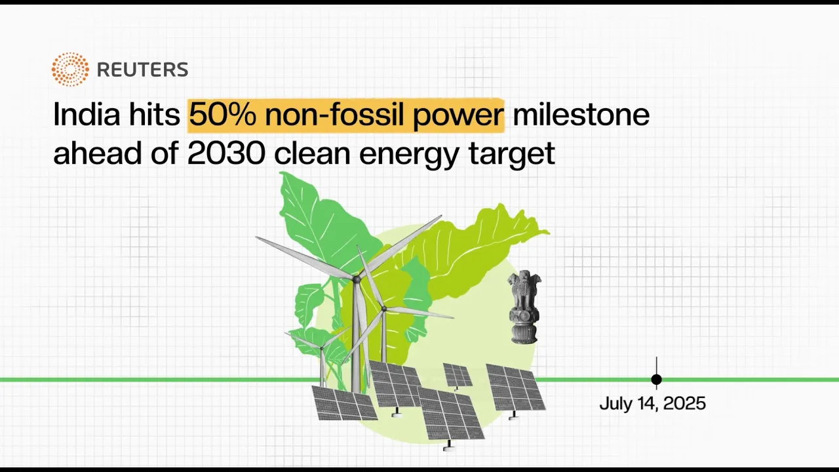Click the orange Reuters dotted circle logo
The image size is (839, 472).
click(x=70, y=69)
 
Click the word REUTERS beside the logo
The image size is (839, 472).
click(x=142, y=69)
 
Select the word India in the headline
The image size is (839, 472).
click(x=87, y=114)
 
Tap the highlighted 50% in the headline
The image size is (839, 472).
click(x=222, y=114)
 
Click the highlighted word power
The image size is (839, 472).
click(x=458, y=117)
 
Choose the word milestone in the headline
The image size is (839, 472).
click(x=581, y=114)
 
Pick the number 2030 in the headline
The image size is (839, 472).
click(x=226, y=153)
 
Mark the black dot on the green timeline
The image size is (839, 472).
click(x=656, y=380)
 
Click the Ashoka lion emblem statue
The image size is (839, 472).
click(x=524, y=307)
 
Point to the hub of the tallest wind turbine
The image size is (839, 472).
click(x=356, y=279)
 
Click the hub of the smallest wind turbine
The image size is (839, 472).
click(x=321, y=348)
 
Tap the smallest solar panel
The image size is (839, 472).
click(x=458, y=376)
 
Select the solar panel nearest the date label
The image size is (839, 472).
click(x=516, y=389)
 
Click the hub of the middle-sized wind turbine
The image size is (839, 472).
click(x=383, y=309)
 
